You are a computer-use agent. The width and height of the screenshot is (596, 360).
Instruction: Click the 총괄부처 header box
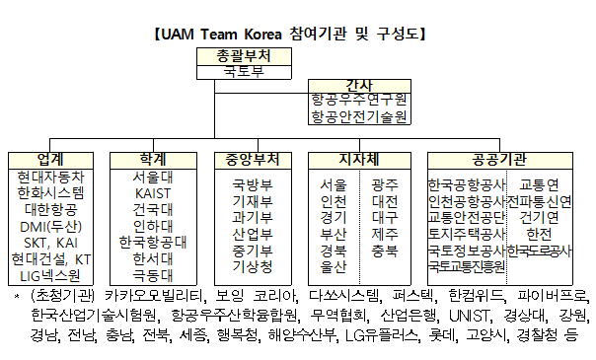pyautogui.click(x=244, y=56)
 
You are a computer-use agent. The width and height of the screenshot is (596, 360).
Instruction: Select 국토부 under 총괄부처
pyautogui.click(x=244, y=72)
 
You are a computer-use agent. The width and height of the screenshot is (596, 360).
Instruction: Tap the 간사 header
pyautogui.click(x=359, y=85)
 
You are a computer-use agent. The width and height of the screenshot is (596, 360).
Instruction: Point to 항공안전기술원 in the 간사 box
pyautogui.click(x=359, y=116)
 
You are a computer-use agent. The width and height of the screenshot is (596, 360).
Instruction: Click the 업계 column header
pyautogui.click(x=50, y=160)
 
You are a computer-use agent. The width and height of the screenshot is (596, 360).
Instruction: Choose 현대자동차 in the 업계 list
pyautogui.click(x=50, y=177)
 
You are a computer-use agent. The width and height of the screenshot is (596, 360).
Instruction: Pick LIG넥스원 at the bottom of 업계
pyautogui.click(x=50, y=276)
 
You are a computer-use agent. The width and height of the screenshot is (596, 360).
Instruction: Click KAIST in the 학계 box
pyautogui.click(x=153, y=193)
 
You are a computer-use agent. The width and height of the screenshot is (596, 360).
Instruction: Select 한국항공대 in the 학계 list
pyautogui.click(x=153, y=243)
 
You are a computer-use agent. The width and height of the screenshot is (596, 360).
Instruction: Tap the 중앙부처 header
pyautogui.click(x=253, y=160)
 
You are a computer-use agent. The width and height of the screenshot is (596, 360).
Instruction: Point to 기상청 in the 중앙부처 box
pyautogui.click(x=253, y=266)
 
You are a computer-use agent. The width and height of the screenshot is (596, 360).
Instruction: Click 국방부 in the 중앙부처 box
pyautogui.click(x=253, y=185)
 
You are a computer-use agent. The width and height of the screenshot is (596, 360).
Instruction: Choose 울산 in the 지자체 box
pyautogui.click(x=334, y=266)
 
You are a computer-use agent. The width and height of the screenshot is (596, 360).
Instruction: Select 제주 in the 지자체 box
pyautogui.click(x=385, y=234)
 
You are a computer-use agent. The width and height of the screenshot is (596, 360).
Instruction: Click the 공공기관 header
pyautogui.click(x=500, y=160)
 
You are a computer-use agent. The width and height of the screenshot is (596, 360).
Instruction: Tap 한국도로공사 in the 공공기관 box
pyautogui.click(x=540, y=251)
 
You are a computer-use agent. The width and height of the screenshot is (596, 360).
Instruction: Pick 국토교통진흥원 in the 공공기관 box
pyautogui.click(x=467, y=266)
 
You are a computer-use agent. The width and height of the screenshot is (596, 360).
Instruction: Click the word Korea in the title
pyautogui.click(x=262, y=35)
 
